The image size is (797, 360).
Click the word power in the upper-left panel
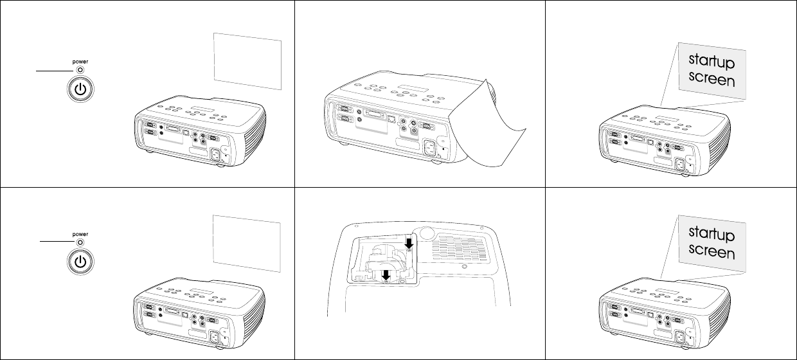80,62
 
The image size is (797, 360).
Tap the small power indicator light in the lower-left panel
80,242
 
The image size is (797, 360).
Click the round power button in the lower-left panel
80,262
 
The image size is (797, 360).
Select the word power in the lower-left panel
80,234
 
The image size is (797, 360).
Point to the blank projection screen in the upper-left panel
247,61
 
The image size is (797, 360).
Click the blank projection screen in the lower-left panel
247,244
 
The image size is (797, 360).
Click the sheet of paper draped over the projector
487,125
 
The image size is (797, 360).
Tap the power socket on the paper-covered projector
430,148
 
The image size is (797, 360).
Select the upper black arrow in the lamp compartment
409,244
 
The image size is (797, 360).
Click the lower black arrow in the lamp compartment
386,275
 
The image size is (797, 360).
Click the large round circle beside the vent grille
427,233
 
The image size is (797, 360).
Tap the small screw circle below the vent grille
464,266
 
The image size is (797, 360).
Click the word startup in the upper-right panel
712,61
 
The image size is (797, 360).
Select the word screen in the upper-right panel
712,78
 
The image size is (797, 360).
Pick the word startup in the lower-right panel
712,233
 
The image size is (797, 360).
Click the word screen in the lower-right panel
712,251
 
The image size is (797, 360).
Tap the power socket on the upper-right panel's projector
679,165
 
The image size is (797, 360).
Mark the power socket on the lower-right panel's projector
679,337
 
